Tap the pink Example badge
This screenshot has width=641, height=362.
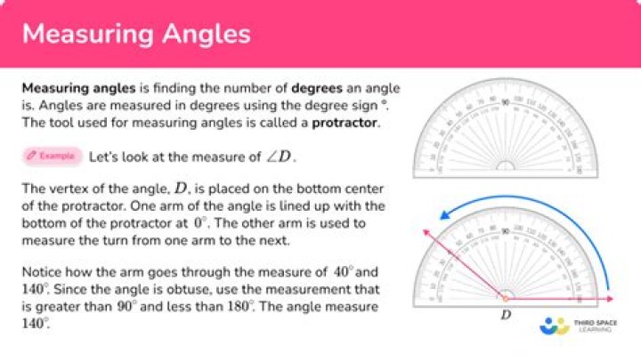coord(53,157)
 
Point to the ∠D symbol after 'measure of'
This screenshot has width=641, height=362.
coord(278,157)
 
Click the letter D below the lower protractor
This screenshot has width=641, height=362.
coord(506,314)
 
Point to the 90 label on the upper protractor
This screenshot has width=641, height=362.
coord(506,103)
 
